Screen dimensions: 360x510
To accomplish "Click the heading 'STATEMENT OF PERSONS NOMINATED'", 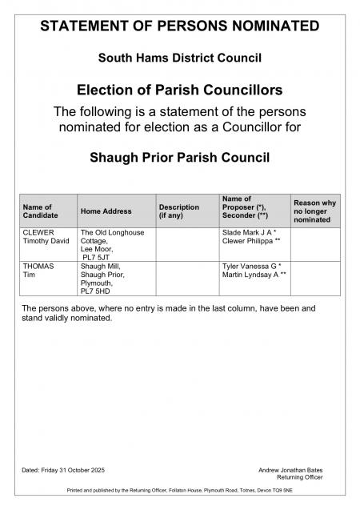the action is [179, 26].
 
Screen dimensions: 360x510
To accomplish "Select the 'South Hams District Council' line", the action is [179, 58].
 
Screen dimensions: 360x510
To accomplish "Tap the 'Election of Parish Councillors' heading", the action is [179, 89].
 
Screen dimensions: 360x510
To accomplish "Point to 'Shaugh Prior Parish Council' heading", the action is [179, 157].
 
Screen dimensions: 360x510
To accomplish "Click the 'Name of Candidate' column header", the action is [38, 212].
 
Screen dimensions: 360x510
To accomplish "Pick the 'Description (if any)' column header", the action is [179, 212].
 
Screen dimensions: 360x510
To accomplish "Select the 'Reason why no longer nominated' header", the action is [314, 212].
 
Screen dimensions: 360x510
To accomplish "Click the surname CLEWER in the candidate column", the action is [38, 232].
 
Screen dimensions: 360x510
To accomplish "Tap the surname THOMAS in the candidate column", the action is [39, 266].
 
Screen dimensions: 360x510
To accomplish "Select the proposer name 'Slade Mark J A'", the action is [247, 232].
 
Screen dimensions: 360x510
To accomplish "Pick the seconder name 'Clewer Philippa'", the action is [247, 241].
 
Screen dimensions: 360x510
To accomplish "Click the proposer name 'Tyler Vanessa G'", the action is [249, 266].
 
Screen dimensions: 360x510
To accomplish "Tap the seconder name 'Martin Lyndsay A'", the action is [249, 275].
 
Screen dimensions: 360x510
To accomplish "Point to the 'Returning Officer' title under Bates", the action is [306, 477].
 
